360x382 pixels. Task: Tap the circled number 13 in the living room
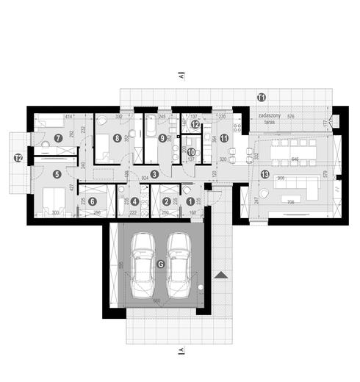264,174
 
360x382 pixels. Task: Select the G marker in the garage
160,264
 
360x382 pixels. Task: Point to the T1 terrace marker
261,96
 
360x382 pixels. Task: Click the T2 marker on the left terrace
18,157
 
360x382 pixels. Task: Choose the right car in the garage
179,264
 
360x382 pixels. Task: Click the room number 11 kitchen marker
224,137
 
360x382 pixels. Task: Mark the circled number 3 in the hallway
155,174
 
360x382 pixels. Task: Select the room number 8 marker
117,137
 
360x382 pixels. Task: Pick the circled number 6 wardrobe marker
93,201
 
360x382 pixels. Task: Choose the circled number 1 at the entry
190,201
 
